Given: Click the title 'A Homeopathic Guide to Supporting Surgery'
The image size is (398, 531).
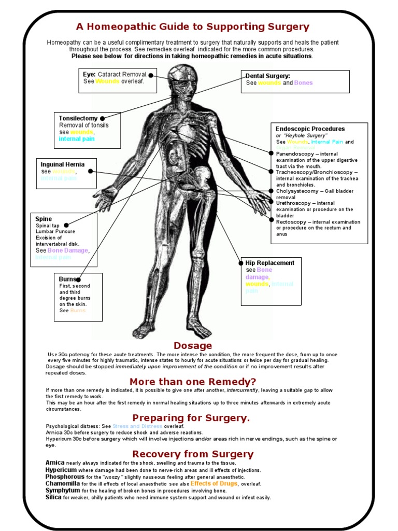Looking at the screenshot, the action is [x=193, y=27].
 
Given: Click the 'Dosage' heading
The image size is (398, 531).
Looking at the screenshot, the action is [x=193, y=345].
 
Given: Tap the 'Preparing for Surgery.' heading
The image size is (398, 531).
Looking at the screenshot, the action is [x=191, y=418].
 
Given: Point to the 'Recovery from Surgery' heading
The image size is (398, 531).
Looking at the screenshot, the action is [x=193, y=454].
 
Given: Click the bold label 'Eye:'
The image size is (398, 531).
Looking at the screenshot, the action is [x=90, y=75].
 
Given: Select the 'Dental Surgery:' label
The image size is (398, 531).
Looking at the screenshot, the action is [x=267, y=76].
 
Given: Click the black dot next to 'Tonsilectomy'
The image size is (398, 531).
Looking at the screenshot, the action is [x=103, y=119].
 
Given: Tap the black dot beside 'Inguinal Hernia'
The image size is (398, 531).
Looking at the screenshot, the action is [x=90, y=171].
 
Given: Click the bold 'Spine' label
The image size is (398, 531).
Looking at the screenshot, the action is [x=44, y=219].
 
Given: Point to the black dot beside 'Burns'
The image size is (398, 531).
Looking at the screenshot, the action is [x=78, y=280].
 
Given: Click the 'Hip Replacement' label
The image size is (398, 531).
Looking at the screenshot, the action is [x=269, y=263].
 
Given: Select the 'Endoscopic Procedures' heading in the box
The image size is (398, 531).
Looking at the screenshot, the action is [x=310, y=129].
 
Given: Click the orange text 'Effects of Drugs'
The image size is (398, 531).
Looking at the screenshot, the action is [x=214, y=483].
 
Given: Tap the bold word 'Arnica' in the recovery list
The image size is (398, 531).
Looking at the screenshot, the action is [x=54, y=463].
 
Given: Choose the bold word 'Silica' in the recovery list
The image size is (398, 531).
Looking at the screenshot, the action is [x=53, y=497].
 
